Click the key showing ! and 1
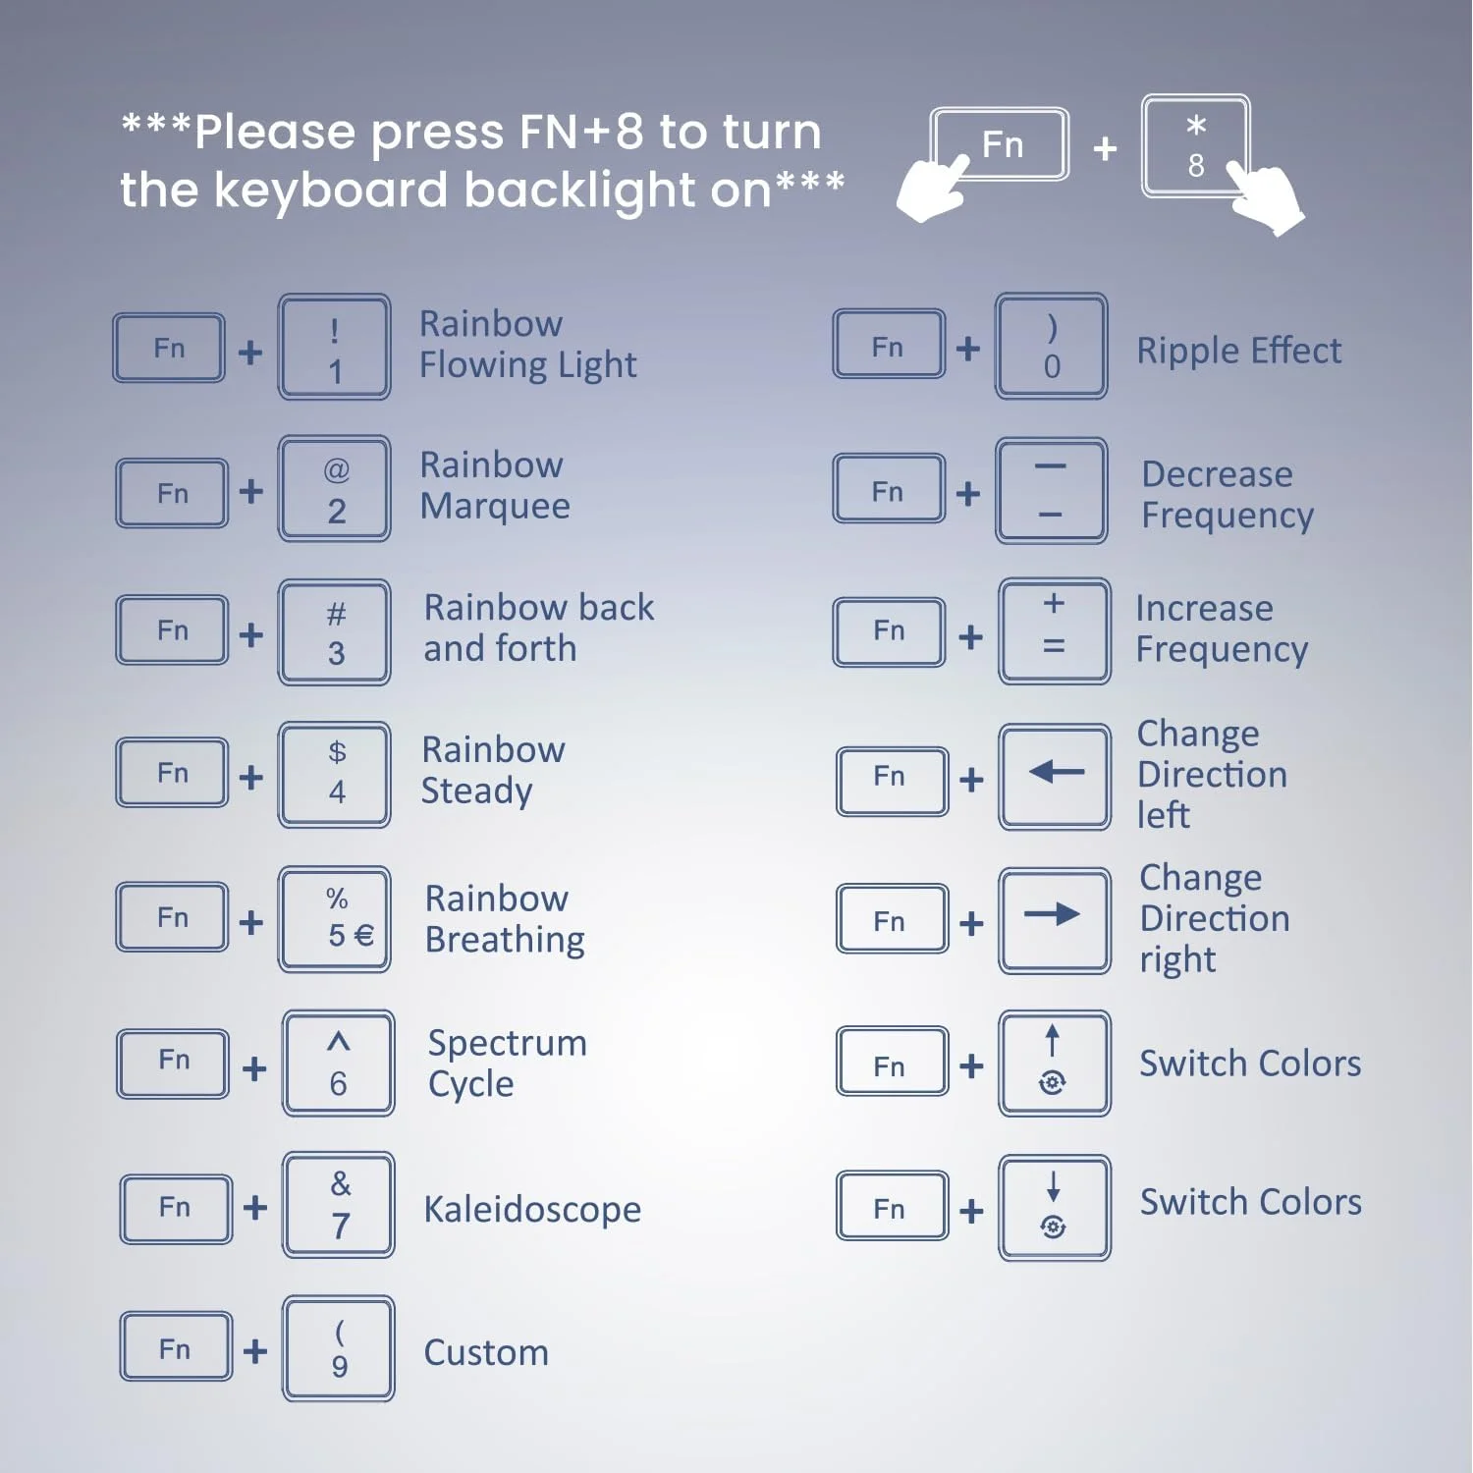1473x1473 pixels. [334, 347]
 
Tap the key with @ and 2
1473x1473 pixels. [334, 489]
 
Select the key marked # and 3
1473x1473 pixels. [334, 631]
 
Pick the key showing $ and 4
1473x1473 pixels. [334, 775]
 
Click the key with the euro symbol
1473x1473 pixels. [334, 919]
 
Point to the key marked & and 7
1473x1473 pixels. [339, 1205]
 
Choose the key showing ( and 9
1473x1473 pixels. [339, 1348]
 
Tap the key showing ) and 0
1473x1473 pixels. [1051, 346]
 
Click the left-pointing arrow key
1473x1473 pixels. [1055, 777]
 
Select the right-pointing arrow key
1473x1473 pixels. [1055, 920]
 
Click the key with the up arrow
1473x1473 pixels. [1055, 1064]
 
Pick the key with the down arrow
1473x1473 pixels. [1055, 1208]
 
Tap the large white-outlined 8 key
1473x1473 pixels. [1195, 145]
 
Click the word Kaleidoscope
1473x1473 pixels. [532, 1209]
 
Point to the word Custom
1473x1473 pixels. [486, 1352]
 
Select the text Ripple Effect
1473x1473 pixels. [1239, 351]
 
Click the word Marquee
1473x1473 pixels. [495, 507]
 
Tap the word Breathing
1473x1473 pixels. [505, 940]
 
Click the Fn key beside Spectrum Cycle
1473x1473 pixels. [173, 1063]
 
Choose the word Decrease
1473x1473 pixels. [1217, 474]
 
